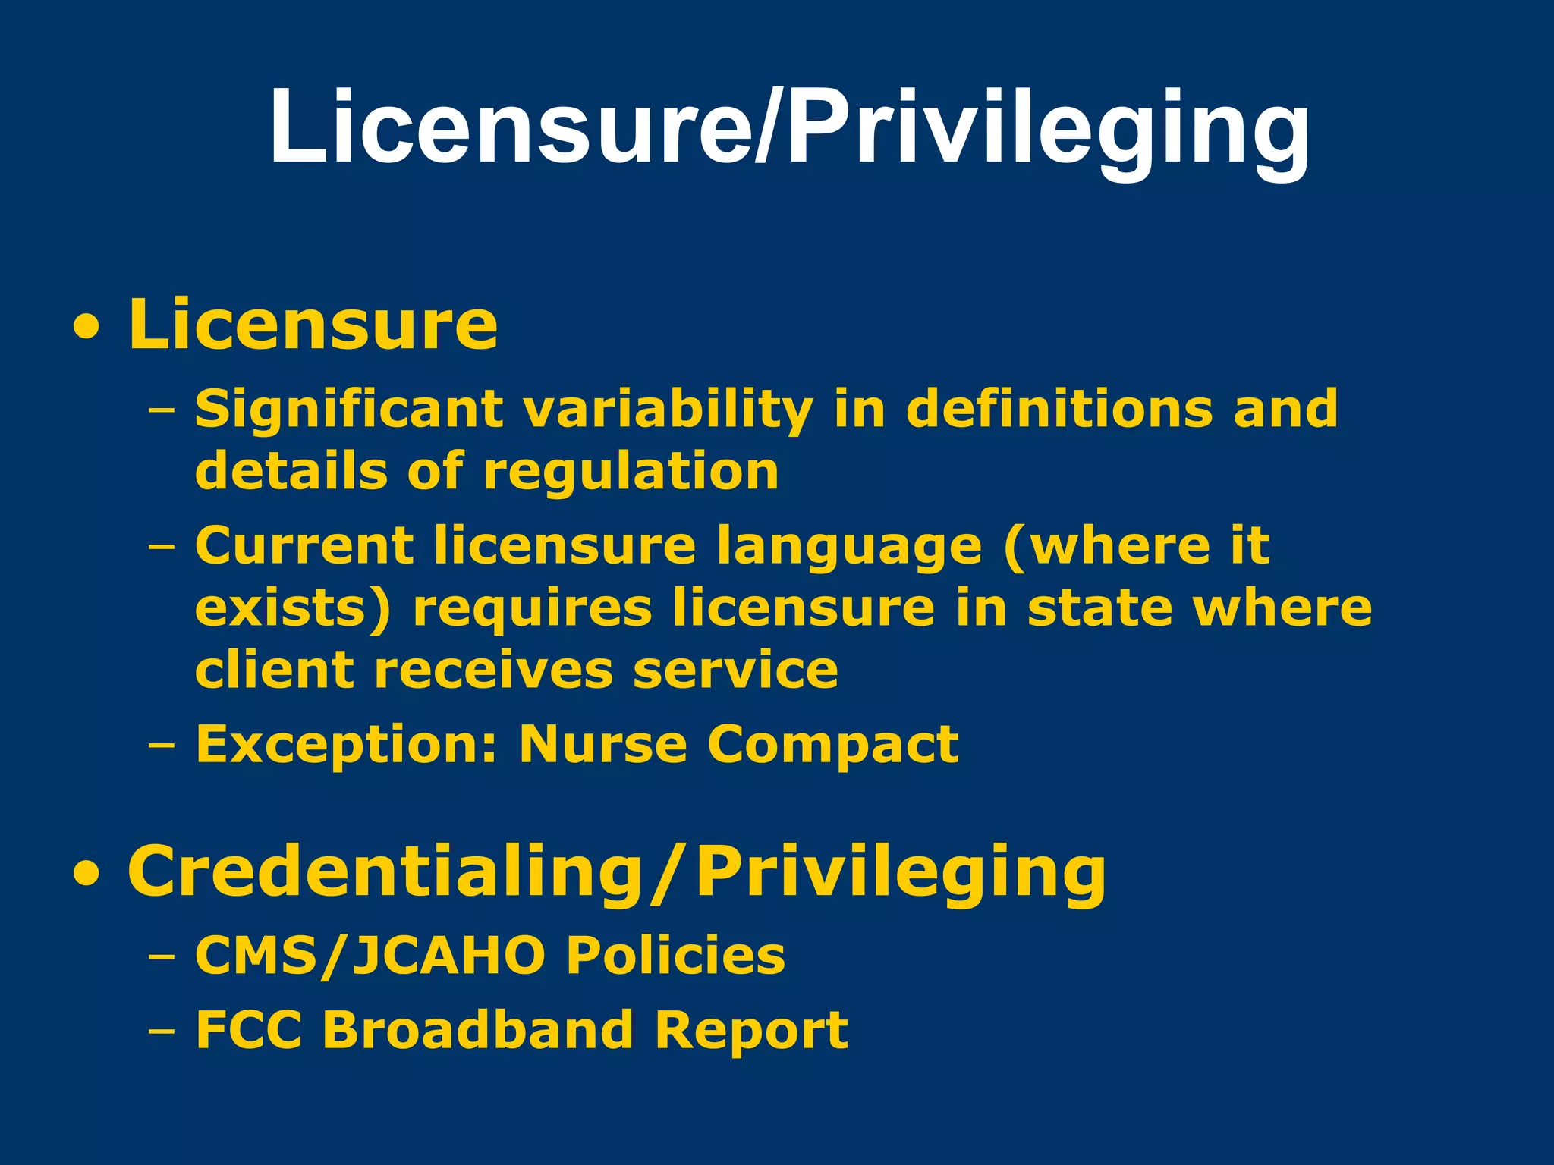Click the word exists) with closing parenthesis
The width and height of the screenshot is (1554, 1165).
point(293,608)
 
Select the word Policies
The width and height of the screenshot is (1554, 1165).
point(676,956)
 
